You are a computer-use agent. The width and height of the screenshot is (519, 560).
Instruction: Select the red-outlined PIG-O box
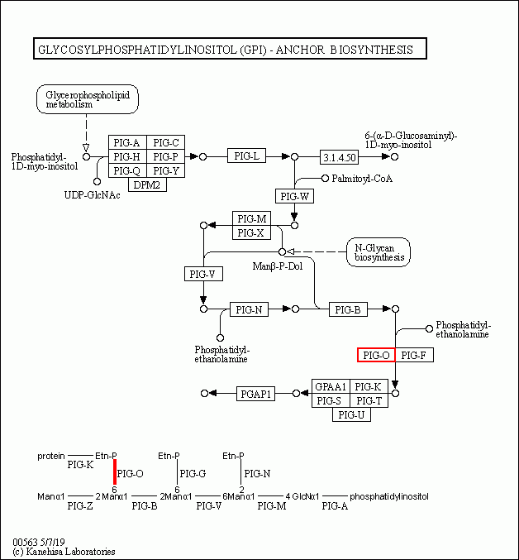pyautogui.click(x=375, y=355)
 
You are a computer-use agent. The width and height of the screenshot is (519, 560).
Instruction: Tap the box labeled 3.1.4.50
pyautogui.click(x=340, y=156)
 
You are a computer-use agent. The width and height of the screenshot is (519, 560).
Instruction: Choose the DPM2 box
pyautogui.click(x=147, y=184)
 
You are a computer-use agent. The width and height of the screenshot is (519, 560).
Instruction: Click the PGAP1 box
pyautogui.click(x=255, y=394)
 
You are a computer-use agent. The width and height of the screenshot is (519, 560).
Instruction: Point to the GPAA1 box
pyautogui.click(x=329, y=386)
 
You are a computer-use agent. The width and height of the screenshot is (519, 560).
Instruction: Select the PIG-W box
pyautogui.click(x=295, y=196)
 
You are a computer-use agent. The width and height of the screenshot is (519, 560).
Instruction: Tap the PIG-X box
pyautogui.click(x=251, y=232)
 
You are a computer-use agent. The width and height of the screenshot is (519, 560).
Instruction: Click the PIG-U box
pyautogui.click(x=351, y=414)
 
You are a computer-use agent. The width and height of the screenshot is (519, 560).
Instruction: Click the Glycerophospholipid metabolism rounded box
pyautogui.click(x=87, y=99)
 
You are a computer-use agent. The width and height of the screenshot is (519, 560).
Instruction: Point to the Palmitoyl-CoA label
pyautogui.click(x=361, y=179)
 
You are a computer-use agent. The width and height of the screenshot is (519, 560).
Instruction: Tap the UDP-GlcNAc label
pyautogui.click(x=93, y=194)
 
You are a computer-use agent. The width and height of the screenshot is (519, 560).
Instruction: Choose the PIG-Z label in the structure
pyautogui.click(x=79, y=505)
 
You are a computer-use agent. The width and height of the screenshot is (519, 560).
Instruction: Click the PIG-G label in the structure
pyautogui.click(x=193, y=474)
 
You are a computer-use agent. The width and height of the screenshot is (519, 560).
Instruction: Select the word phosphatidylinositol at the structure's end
pyautogui.click(x=389, y=496)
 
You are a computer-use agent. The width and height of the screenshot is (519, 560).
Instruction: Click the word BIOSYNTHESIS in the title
pyautogui.click(x=370, y=50)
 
